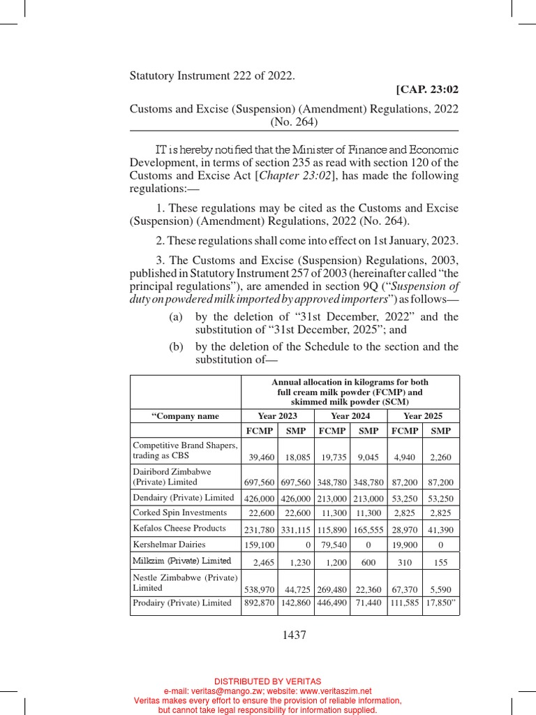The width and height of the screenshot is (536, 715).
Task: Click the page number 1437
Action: coord(294,635)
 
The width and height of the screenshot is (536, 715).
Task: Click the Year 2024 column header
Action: coord(350,416)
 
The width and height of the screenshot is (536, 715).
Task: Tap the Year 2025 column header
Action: coord(423,416)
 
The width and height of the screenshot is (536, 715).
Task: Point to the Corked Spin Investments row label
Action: coord(179,513)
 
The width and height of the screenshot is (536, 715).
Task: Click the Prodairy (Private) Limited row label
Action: coord(182,603)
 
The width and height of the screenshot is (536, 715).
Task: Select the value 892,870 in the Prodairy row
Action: coord(260,603)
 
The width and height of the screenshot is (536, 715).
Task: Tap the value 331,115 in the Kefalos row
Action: coord(296,529)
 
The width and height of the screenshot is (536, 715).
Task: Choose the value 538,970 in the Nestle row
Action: coord(260,590)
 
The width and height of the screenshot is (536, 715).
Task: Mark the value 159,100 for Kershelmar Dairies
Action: coord(260,544)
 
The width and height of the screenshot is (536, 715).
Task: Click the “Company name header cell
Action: coord(186,416)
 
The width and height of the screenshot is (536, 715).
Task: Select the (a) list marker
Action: coord(176,316)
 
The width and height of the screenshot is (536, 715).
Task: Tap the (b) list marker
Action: coord(176,346)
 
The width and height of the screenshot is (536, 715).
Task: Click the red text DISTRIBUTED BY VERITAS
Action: coord(267,681)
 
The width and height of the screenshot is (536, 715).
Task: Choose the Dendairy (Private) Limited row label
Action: coord(183,497)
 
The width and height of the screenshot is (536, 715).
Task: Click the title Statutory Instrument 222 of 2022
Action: coord(212,75)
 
